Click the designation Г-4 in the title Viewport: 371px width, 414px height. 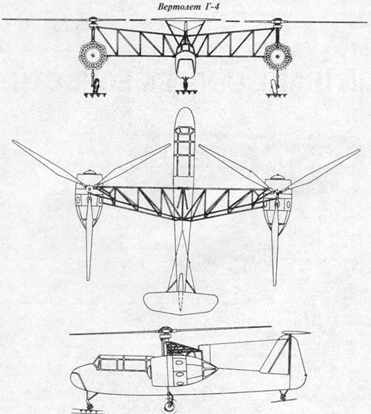(211, 7)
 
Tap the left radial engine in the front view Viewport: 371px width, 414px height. (93, 56)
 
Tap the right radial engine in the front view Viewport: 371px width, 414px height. (278, 56)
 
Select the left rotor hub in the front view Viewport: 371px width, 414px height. (93, 22)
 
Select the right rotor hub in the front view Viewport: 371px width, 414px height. (278, 22)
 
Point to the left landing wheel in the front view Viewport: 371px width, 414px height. (95, 85)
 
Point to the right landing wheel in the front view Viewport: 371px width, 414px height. (274, 86)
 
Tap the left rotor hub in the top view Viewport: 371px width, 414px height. (89, 187)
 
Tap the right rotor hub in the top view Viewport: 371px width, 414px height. (276, 190)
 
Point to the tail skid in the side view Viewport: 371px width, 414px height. (283, 397)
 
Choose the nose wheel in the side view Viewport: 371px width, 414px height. (90, 405)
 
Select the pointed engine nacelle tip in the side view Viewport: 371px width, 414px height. (214, 368)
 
